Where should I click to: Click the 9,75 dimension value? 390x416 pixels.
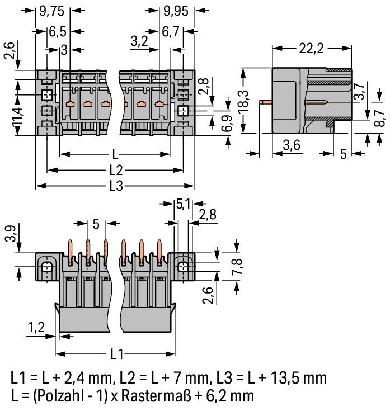coord(52,11)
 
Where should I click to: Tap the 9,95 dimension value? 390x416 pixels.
coord(176,11)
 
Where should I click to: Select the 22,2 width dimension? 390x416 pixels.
coord(312,49)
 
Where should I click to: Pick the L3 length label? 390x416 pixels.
coord(116,186)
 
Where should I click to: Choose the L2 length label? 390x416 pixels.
coord(116,170)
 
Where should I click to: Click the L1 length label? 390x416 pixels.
coord(117,354)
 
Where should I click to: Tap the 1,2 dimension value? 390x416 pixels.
coord(36,328)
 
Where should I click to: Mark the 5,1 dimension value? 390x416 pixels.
coord(183,204)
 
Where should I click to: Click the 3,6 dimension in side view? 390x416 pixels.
coord(292,145)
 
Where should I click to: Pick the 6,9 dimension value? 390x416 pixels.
coord(227,124)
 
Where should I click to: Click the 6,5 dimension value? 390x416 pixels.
coord(58,32)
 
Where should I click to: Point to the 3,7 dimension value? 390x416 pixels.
coord(360,92)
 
